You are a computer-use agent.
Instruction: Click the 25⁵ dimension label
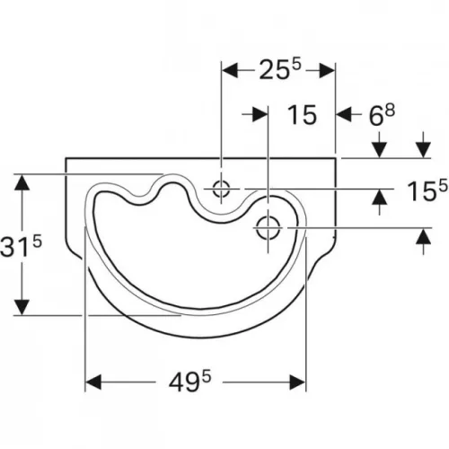point(279,69)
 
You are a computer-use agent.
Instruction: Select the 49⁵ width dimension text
point(189,382)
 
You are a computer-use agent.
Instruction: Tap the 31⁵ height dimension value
point(21,245)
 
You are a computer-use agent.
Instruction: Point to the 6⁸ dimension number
point(382,115)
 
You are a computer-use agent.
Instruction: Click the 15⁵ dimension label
point(427,190)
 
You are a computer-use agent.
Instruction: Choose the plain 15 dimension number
point(302,115)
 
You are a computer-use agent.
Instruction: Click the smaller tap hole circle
point(221,189)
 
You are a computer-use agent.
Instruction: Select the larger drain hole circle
point(269,227)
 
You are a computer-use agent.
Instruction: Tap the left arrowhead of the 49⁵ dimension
point(93,382)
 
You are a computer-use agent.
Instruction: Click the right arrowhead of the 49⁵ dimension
point(297,382)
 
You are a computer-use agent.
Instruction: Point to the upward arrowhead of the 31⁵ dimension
point(22,182)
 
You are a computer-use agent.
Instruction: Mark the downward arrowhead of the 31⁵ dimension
point(22,307)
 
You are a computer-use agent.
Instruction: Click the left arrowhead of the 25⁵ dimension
point(230,70)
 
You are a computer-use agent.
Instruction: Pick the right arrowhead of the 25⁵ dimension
point(327,70)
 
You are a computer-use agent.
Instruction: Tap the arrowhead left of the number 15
point(260,114)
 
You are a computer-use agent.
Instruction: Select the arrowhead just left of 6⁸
point(344,114)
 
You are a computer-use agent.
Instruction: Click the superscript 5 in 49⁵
point(206,376)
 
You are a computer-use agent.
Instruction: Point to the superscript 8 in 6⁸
point(390,110)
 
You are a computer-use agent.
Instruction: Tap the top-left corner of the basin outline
point(66,158)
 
